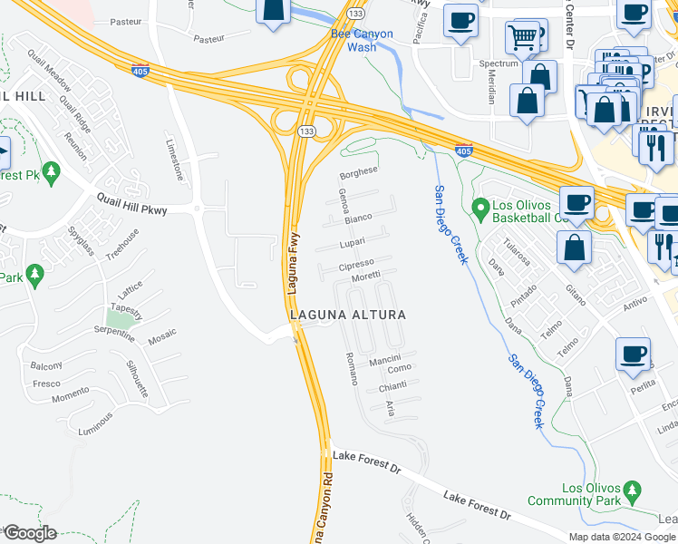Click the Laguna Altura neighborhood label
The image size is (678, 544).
point(347,315)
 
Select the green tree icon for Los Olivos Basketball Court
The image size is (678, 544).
point(479,209)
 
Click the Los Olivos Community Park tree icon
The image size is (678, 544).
point(633,492)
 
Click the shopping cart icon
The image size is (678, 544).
point(522,37)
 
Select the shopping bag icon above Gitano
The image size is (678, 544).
point(575,248)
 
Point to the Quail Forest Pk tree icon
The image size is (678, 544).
point(52,170)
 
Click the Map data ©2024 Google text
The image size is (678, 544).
point(622,536)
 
